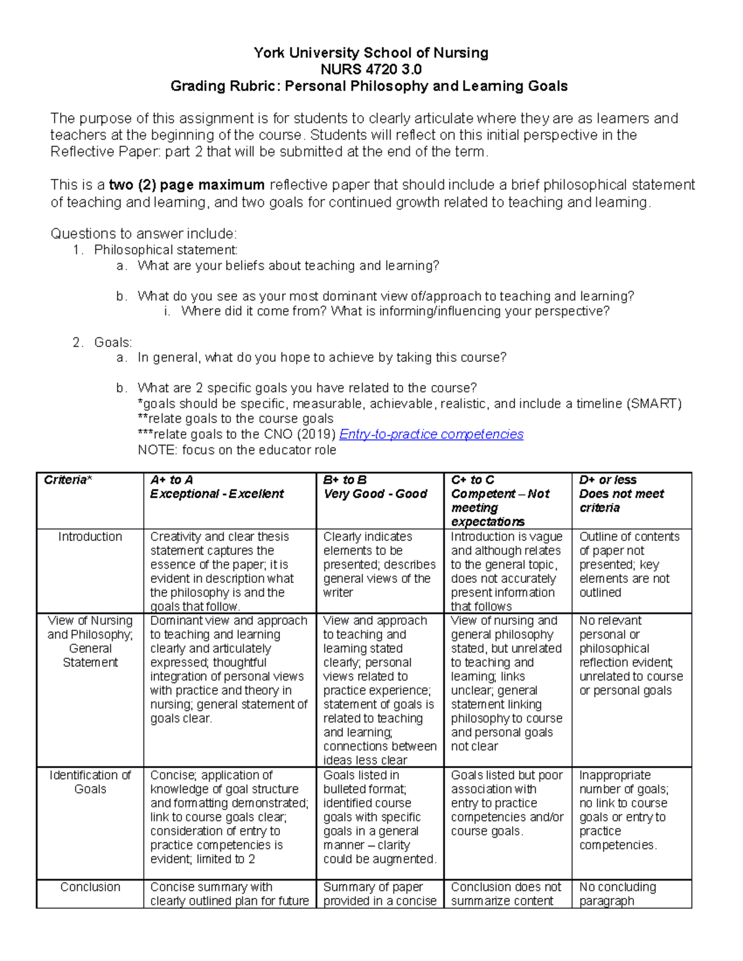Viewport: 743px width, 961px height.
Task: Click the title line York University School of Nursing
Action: click(370, 53)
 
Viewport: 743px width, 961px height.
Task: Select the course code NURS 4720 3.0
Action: click(370, 69)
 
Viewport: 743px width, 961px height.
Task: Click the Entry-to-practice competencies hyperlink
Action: click(431, 434)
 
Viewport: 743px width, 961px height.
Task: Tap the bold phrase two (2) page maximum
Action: click(186, 185)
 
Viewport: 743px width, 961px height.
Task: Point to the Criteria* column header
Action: click(67, 480)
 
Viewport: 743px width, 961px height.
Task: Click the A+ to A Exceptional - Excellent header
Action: click(217, 487)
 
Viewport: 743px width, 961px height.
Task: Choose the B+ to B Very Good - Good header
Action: click(375, 487)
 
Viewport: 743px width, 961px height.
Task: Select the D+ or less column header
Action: click(621, 494)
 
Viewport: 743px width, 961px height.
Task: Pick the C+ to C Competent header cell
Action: click(500, 501)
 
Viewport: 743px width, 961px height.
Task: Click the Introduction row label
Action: click(90, 537)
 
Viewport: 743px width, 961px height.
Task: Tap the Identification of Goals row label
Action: click(90, 782)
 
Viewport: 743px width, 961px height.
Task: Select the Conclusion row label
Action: click(90, 887)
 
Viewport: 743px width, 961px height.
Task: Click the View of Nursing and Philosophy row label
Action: click(90, 641)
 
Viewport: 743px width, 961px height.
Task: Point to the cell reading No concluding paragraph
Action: click(617, 894)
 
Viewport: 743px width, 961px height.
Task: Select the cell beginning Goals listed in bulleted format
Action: click(380, 817)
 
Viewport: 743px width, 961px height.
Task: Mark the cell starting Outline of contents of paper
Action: click(629, 564)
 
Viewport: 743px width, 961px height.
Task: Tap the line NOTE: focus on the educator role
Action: click(237, 450)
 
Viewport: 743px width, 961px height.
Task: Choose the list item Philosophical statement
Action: click(165, 250)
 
